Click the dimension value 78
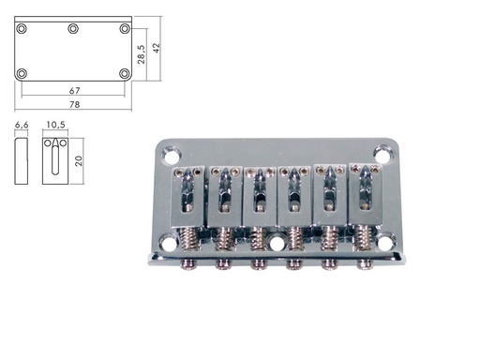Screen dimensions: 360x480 point(72,103)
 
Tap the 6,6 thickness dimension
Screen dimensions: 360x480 point(22,124)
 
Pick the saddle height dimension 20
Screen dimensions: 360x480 point(81,159)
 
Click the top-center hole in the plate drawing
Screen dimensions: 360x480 point(72,28)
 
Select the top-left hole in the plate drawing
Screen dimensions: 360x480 point(22,28)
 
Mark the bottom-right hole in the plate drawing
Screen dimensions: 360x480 point(124,73)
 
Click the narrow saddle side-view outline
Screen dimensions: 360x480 point(22,159)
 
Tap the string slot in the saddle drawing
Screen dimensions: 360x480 point(54,159)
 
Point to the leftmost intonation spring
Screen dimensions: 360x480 point(191,241)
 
